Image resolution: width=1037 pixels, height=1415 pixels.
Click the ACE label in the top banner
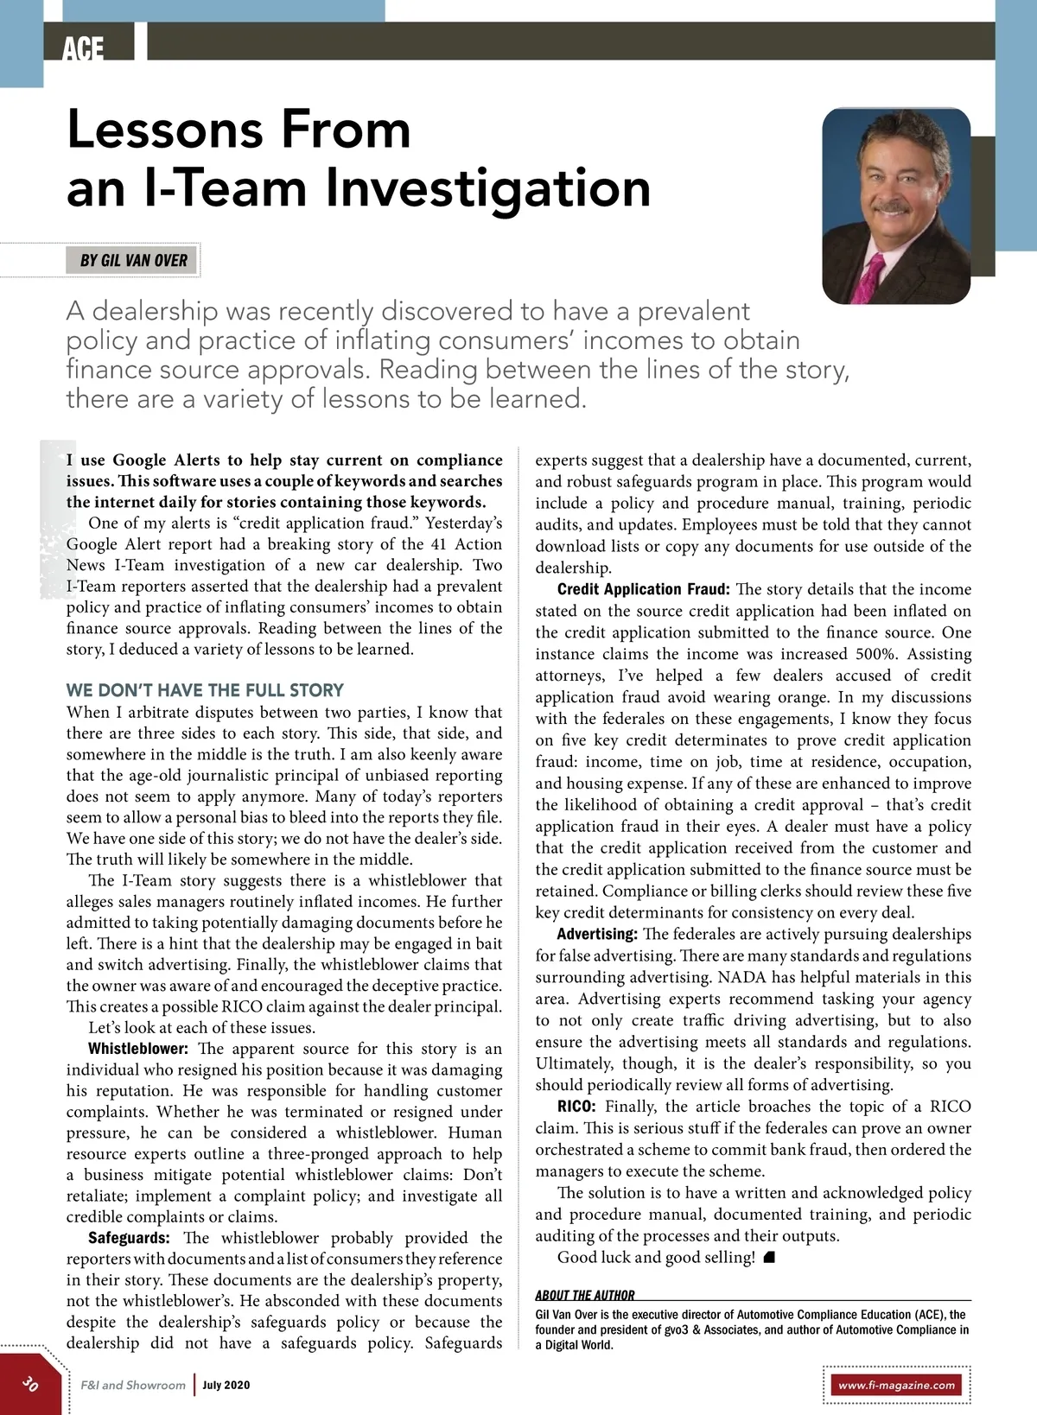coord(83,48)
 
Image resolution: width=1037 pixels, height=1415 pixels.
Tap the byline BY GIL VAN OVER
coord(133,260)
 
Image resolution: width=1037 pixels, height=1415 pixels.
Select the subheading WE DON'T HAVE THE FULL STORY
coord(205,690)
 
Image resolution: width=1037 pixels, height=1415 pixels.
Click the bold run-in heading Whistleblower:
coord(137,1049)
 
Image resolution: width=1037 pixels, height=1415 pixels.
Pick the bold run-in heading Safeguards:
coord(129,1238)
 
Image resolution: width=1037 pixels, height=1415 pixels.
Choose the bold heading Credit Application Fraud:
coord(643,589)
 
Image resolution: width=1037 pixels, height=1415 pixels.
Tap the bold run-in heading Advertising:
coord(597,934)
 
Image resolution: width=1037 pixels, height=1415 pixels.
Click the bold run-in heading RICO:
coord(576,1107)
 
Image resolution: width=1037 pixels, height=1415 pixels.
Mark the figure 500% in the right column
coord(875,654)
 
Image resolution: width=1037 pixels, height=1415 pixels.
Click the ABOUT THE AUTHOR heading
coord(584,1295)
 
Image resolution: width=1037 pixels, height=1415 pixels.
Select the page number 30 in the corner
coord(30,1383)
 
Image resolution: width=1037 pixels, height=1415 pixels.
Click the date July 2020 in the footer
coord(226,1385)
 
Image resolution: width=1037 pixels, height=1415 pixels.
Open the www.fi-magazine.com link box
coord(896,1385)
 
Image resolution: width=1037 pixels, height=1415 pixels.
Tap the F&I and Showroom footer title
coord(133,1385)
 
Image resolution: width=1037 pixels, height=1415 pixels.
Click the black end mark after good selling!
coord(769,1258)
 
